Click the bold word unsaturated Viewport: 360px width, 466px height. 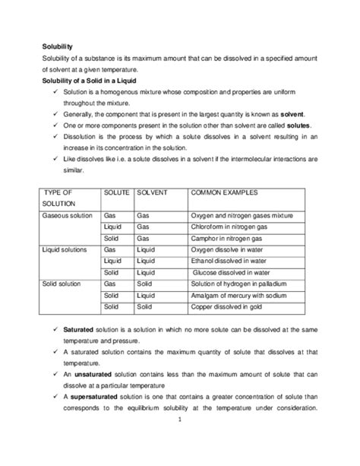pyautogui.click(x=93, y=374)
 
